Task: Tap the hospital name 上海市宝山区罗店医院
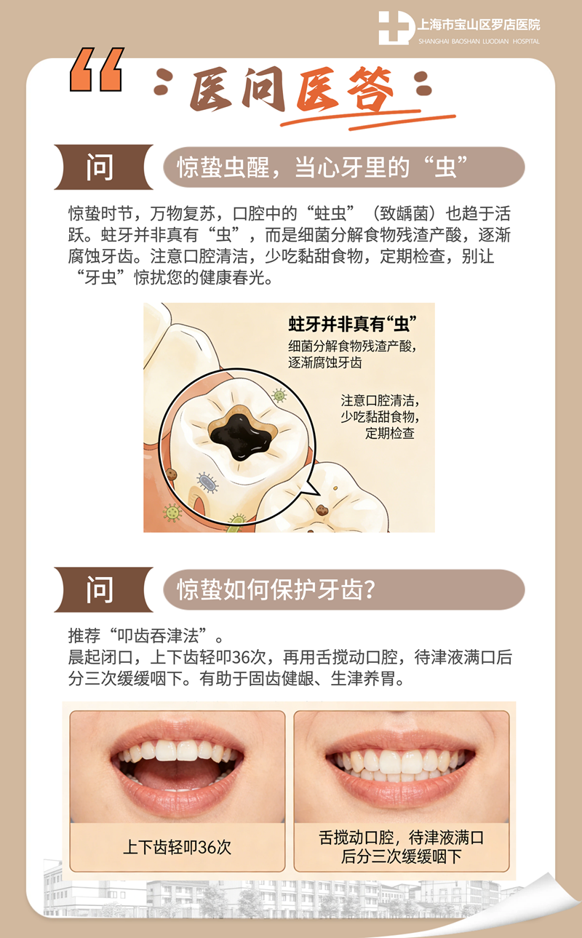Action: pos(479,25)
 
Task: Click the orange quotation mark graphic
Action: pos(95,70)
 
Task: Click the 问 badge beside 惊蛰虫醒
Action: pos(100,167)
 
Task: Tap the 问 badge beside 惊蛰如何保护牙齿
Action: pos(100,589)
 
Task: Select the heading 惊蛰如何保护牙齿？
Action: pos(276,589)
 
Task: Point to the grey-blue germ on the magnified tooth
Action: pos(207,482)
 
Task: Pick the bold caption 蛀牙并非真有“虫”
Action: pos(356,324)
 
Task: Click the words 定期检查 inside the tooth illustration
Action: pos(389,433)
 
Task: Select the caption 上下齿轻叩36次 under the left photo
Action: pos(177,848)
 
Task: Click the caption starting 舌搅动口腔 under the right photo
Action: pos(402,848)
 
